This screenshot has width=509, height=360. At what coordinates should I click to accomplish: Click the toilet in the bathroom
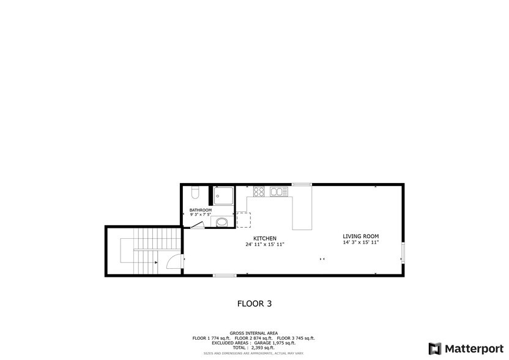point(195,192)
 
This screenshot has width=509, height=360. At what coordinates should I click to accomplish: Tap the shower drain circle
point(218,197)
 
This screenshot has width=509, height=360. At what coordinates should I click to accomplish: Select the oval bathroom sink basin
point(222,223)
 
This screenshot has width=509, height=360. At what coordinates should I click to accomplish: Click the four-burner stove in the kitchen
point(259,192)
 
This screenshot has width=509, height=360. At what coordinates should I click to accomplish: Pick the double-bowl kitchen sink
point(279,192)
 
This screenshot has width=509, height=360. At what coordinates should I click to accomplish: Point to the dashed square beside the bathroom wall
point(243,220)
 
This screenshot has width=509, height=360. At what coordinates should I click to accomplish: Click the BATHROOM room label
point(201,210)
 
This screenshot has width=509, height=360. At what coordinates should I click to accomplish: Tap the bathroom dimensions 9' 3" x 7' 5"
point(201,214)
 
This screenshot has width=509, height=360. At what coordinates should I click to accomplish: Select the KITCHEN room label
point(265,239)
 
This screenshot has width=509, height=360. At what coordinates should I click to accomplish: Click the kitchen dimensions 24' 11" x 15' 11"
point(265,244)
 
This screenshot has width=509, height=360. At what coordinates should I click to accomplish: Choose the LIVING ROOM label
point(361,236)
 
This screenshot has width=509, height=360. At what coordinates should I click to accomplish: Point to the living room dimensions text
point(361,242)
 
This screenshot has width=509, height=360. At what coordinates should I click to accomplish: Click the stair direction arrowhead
point(156,262)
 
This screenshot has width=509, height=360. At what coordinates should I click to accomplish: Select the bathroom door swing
point(198,225)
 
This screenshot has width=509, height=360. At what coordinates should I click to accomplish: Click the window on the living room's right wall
point(403,253)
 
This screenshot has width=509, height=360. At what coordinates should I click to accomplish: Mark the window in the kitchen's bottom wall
point(225,276)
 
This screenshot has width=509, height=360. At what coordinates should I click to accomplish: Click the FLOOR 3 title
point(254,304)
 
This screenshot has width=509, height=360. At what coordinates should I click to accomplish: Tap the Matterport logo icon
point(434,348)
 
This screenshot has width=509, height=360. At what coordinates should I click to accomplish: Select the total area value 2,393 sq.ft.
point(263,348)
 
